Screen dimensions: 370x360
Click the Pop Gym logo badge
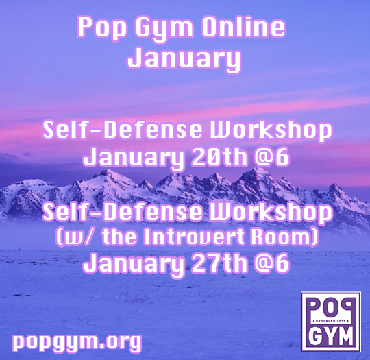click(x=331, y=322)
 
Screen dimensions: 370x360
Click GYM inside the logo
click(x=331, y=335)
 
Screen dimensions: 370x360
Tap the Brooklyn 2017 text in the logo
click(x=331, y=322)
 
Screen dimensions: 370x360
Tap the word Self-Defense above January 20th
click(x=122, y=130)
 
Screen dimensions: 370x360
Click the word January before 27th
click(x=134, y=263)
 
